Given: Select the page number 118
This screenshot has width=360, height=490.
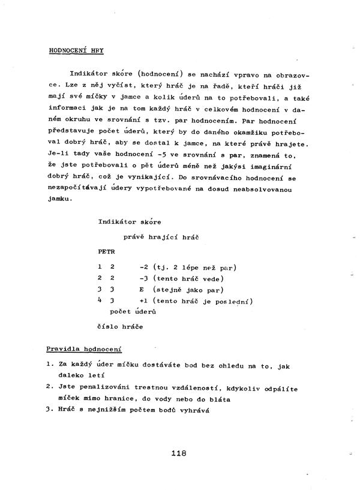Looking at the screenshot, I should pos(179,453).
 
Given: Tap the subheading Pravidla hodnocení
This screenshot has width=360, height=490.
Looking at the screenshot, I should pos(84,348).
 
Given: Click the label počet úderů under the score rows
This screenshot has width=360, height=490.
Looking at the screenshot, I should pos(133,312).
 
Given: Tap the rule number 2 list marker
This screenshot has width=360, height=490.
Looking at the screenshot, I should pos(49,387).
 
